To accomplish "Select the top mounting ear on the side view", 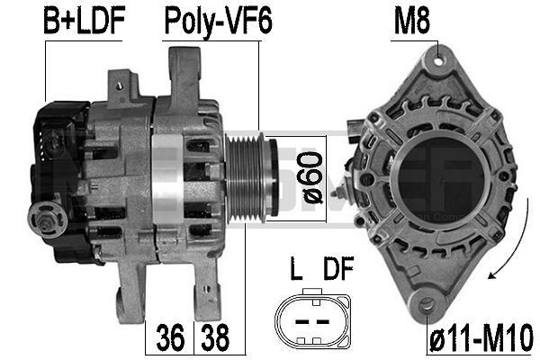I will (x=183, y=67).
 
